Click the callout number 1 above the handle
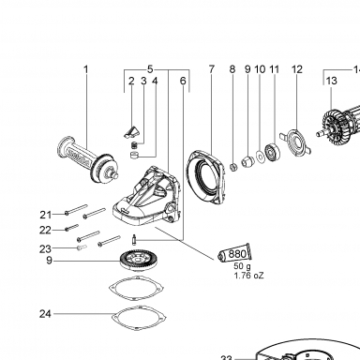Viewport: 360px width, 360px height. [x=86, y=69]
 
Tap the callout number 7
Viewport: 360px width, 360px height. [x=212, y=69]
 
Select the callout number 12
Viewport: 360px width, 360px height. [x=297, y=69]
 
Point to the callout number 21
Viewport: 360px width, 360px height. [x=46, y=215]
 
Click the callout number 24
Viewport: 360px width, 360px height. [x=45, y=313]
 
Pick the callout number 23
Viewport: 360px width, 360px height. [x=45, y=249]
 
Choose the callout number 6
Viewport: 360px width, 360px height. [x=183, y=81]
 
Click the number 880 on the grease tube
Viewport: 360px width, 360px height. [x=237, y=253]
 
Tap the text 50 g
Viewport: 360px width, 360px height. [x=242, y=266]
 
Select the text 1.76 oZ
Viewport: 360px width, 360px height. [x=249, y=276]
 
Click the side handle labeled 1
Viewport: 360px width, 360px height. [x=88, y=160]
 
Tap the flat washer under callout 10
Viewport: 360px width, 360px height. [x=260, y=156]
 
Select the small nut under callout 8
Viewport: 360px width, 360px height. [x=233, y=167]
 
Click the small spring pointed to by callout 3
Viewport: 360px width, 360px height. [x=134, y=145]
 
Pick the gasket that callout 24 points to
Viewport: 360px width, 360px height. [x=139, y=318]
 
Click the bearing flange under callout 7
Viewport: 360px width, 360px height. [x=206, y=176]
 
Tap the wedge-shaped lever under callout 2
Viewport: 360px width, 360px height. [x=130, y=132]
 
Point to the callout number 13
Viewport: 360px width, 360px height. [x=332, y=81]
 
